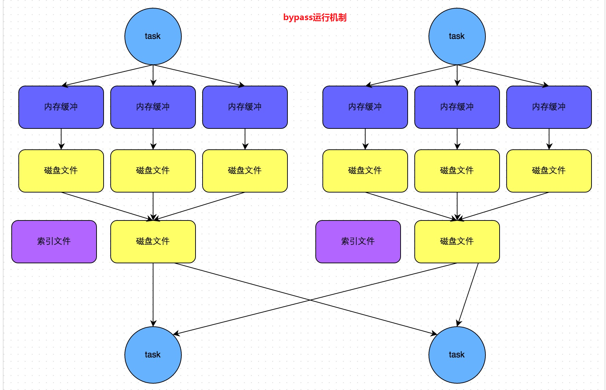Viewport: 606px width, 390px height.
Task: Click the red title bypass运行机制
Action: click(x=315, y=17)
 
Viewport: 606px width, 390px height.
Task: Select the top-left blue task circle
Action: click(x=153, y=36)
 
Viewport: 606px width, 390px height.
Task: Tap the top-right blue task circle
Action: click(x=457, y=36)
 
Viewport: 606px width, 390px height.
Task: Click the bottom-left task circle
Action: click(x=153, y=355)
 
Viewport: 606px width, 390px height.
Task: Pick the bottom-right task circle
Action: click(x=457, y=355)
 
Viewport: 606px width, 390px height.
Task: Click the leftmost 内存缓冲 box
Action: click(x=61, y=107)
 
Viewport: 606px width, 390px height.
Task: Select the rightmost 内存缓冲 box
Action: click(x=549, y=107)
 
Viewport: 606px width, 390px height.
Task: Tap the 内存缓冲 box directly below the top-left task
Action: click(x=153, y=107)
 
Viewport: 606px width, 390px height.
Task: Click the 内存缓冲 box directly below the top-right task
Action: click(x=457, y=107)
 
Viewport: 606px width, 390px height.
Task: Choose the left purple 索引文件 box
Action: click(x=54, y=241)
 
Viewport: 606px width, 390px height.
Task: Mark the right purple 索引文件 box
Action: click(x=358, y=241)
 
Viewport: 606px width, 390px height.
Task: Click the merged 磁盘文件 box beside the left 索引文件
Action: click(x=153, y=241)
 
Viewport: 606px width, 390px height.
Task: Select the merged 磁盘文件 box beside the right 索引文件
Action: click(x=457, y=241)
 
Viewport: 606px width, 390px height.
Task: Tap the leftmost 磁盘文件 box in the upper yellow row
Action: click(x=61, y=171)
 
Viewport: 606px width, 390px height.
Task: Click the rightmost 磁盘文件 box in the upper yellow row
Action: click(x=549, y=171)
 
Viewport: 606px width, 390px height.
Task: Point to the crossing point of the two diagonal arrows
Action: click(x=310, y=300)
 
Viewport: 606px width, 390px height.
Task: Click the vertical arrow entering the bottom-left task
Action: click(x=153, y=294)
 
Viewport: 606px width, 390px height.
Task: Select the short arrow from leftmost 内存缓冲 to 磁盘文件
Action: click(x=61, y=139)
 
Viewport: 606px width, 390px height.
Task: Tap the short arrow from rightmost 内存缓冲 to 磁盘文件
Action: click(x=549, y=139)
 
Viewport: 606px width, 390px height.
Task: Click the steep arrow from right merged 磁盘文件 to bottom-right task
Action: click(x=468, y=294)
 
